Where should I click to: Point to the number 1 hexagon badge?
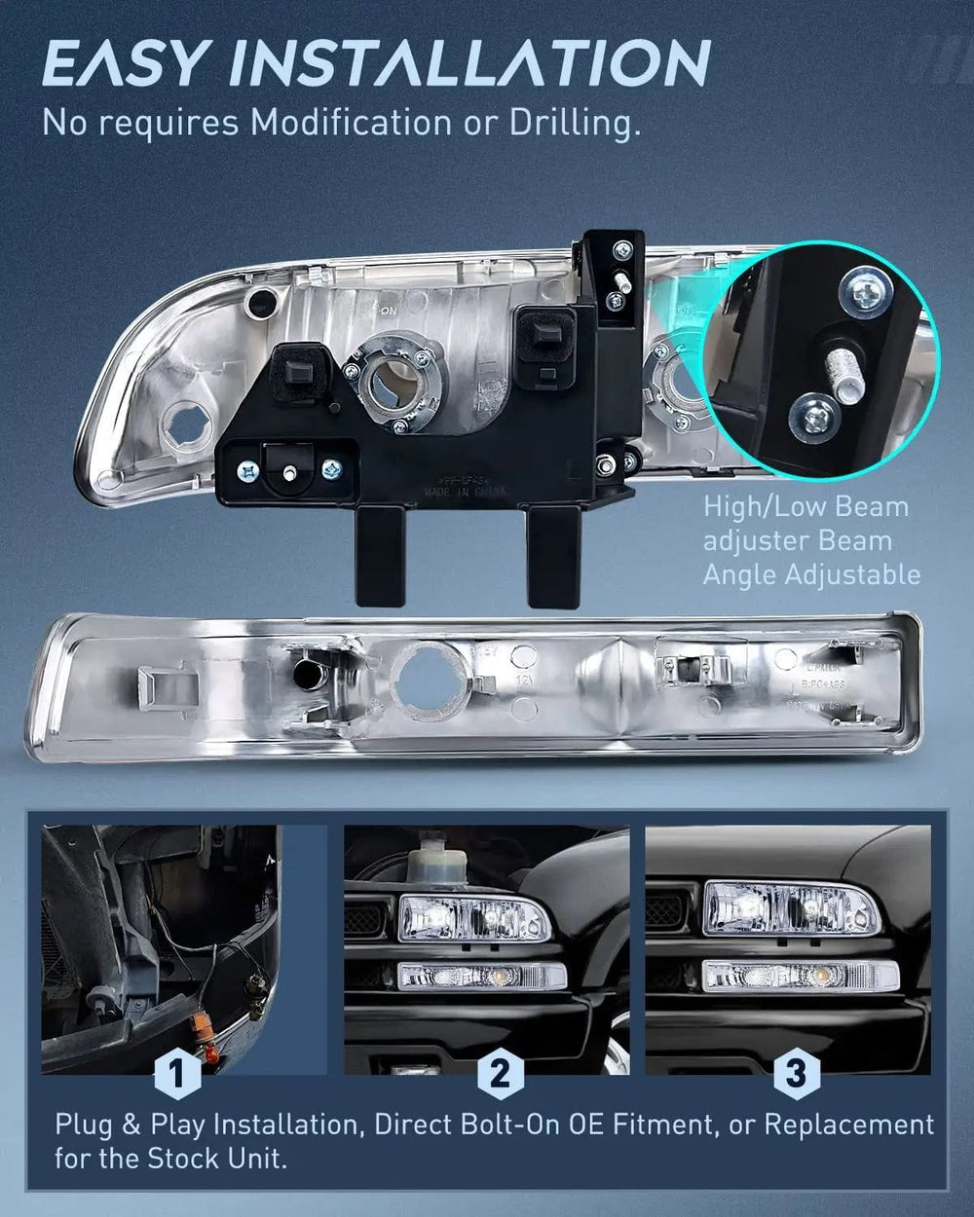pos(177,1074)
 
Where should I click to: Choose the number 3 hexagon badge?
pos(796,1074)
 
